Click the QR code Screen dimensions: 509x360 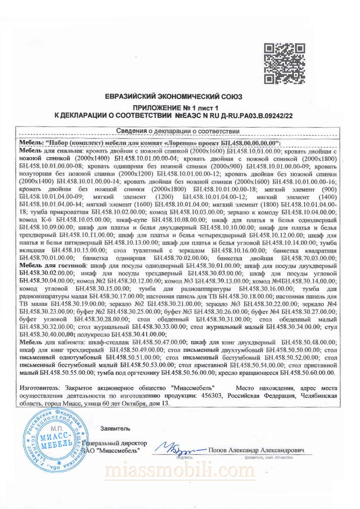[285, 64]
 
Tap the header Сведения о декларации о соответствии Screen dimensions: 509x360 [178, 131]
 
